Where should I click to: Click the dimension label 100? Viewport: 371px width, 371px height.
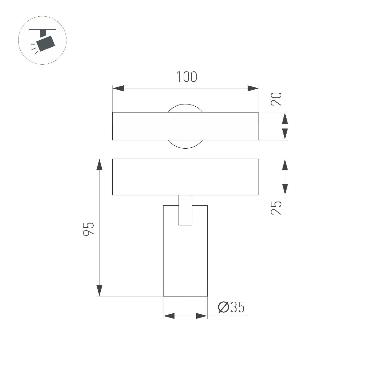(x=186, y=77)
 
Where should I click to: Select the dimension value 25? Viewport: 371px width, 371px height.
(x=277, y=207)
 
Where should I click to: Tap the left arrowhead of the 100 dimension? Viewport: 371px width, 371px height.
(x=118, y=88)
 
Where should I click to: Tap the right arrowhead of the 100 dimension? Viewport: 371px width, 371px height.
(x=253, y=88)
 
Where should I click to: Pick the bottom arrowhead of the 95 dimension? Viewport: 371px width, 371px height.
(x=99, y=290)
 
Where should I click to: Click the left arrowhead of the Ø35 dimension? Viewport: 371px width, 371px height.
(x=169, y=316)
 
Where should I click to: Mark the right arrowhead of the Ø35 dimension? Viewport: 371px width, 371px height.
(x=202, y=316)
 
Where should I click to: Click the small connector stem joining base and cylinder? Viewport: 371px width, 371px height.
(x=185, y=210)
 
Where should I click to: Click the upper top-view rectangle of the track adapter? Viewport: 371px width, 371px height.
(x=185, y=126)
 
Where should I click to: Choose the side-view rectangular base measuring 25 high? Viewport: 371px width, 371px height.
(x=185, y=177)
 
